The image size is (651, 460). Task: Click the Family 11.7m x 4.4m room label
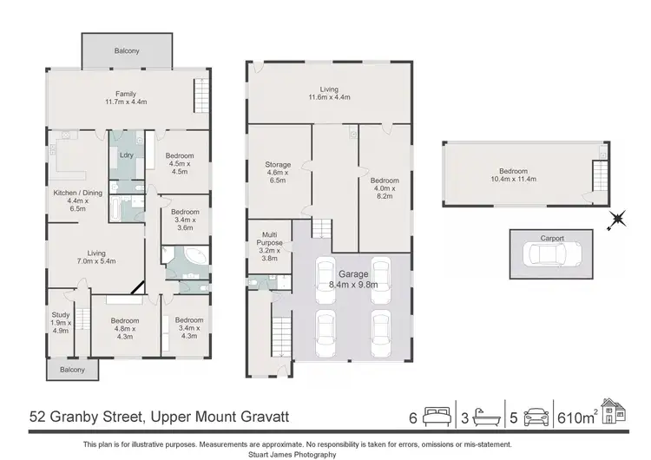coord(127,98)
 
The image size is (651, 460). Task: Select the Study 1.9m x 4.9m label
coord(60,324)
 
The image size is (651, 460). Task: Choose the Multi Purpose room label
coord(268,246)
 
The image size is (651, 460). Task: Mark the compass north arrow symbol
coord(617,218)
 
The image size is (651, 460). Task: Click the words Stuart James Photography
coord(325,452)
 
